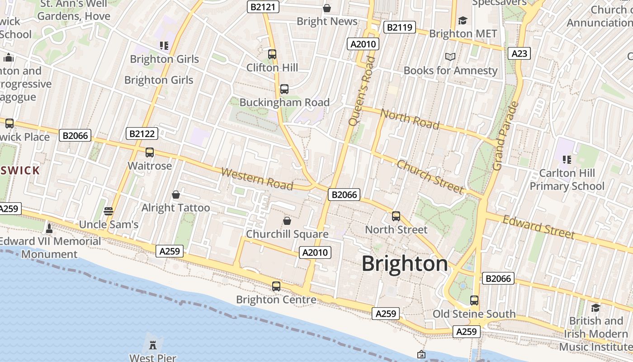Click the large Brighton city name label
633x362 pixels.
pos(405,263)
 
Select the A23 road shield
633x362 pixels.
pos(519,53)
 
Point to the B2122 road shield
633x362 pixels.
pos(142,133)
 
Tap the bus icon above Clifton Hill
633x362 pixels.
pos(272,54)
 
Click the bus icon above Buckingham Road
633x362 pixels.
pos(284,89)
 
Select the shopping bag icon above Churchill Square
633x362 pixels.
pos(287,221)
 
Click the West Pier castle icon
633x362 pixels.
pos(153,344)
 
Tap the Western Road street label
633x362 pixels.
pos(257,179)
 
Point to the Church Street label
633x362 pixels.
pos(430,176)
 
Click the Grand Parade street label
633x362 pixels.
pos(505,136)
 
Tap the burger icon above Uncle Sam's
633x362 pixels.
pos(108,211)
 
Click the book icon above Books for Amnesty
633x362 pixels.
pos(450,57)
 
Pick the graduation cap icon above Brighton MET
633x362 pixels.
pos(463,21)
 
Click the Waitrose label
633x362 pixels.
pos(150,166)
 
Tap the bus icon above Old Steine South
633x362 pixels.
pos(474,300)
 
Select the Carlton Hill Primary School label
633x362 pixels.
pos(567,180)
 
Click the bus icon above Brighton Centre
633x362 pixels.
pos(276,286)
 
